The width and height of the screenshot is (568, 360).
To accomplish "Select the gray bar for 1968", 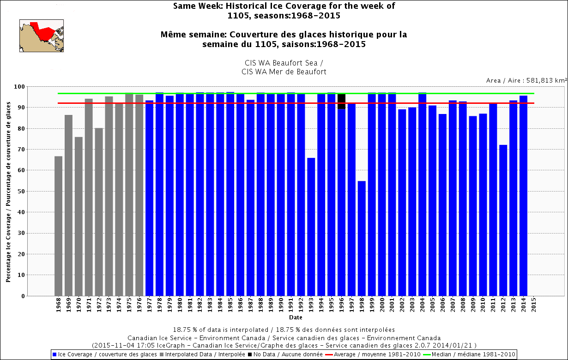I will pyautogui.click(x=58, y=226).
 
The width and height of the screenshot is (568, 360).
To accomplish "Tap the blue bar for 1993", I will pyautogui.click(x=311, y=227).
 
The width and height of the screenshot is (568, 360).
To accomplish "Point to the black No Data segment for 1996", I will pyautogui.click(x=341, y=101).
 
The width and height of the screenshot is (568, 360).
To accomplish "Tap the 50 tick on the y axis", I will pyautogui.click(x=22, y=191).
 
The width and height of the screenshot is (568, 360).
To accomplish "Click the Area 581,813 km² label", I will pyautogui.click(x=526, y=80).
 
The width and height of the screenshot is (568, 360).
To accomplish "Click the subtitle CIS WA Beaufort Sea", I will pyautogui.click(x=284, y=63).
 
